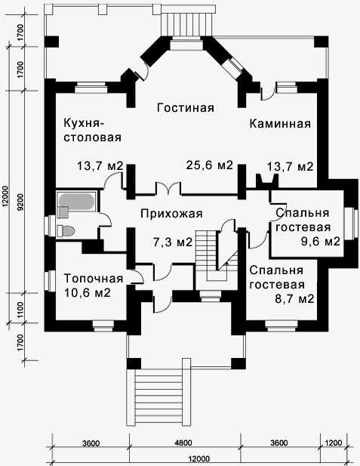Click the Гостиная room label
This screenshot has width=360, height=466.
click(186, 107)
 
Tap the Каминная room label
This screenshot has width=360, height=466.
click(280, 123)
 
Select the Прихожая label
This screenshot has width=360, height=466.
click(171, 214)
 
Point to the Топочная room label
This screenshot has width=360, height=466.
click(94, 279)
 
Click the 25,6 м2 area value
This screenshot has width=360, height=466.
click(209, 165)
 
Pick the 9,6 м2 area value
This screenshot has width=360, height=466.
click(321, 242)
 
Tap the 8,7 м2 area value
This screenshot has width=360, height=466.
click(294, 298)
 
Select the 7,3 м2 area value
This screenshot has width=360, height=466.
click(173, 242)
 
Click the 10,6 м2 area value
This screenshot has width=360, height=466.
click(88, 293)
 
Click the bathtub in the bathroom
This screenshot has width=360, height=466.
click(77, 202)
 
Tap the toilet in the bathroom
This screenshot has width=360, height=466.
click(66, 231)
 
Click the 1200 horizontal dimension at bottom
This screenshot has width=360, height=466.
click(334, 443)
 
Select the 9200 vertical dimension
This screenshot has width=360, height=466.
click(20, 202)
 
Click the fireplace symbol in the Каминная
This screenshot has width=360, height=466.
click(267, 180)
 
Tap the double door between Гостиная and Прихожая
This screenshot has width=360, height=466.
click(168, 188)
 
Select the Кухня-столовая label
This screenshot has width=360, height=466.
click(93, 130)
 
